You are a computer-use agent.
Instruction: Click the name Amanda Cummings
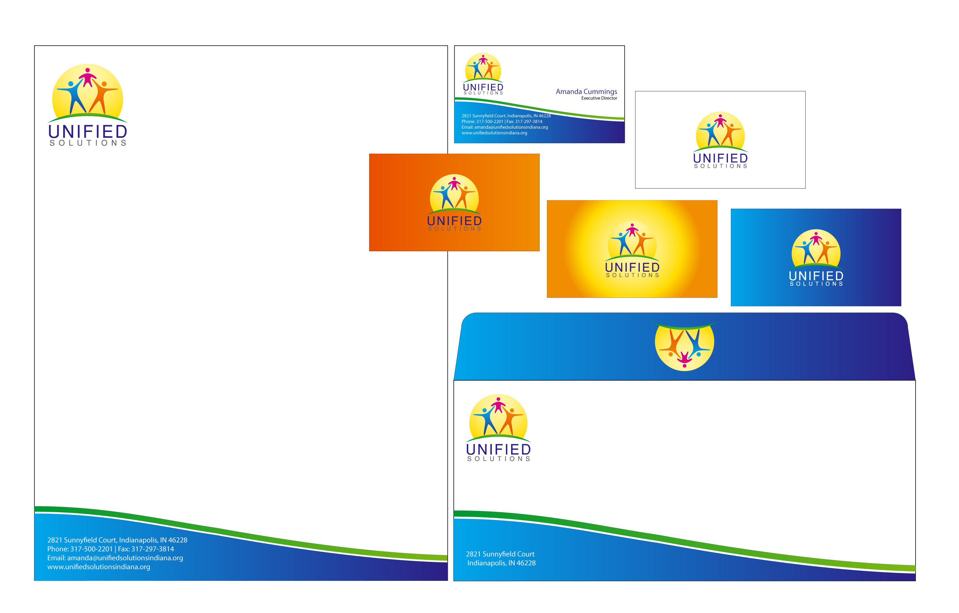pyautogui.click(x=586, y=92)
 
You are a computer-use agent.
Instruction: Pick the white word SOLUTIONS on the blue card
pyautogui.click(x=816, y=284)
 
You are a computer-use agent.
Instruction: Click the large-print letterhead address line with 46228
pyautogui.click(x=117, y=540)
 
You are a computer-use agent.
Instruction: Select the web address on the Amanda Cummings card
pyautogui.click(x=494, y=133)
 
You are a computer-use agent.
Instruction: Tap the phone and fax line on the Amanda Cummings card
pyautogui.click(x=502, y=122)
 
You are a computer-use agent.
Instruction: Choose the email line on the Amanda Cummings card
pyautogui.click(x=505, y=127)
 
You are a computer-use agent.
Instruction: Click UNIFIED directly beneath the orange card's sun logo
pyautogui.click(x=454, y=221)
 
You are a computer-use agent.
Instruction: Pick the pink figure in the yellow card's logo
pyautogui.click(x=632, y=230)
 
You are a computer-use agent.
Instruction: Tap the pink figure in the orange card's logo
pyautogui.click(x=454, y=183)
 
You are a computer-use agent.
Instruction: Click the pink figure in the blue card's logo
pyautogui.click(x=816, y=238)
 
